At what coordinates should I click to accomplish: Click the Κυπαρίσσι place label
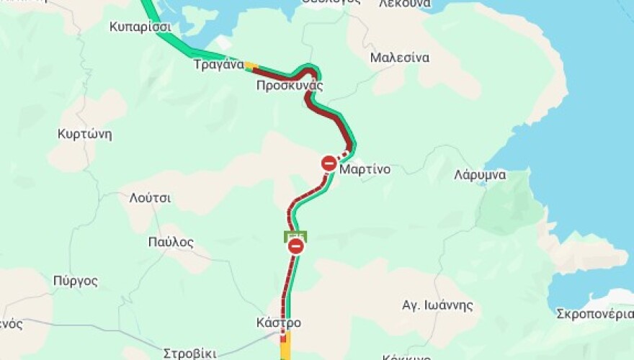pyautogui.click(x=140, y=27)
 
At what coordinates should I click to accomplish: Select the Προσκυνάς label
pyautogui.click(x=290, y=86)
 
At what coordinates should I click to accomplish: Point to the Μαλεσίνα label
pyautogui.click(x=400, y=58)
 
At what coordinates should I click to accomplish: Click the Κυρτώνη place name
pyautogui.click(x=85, y=135)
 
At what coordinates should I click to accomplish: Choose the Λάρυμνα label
pyautogui.click(x=480, y=175)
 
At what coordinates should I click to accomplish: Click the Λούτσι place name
pyautogui.click(x=151, y=199)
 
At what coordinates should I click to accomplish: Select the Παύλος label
pyautogui.click(x=171, y=242)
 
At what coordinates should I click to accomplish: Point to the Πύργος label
pyautogui.click(x=76, y=281)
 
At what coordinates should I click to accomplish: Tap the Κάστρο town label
pyautogui.click(x=279, y=323)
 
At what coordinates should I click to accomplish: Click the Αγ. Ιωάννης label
pyautogui.click(x=437, y=305)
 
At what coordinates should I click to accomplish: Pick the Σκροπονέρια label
pyautogui.click(x=595, y=314)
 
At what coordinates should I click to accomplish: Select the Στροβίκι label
pyautogui.click(x=189, y=354)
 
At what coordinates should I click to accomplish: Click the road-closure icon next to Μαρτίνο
pyautogui.click(x=329, y=163)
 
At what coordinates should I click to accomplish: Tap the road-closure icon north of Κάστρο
pyautogui.click(x=295, y=247)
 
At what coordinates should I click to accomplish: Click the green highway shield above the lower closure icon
pyautogui.click(x=295, y=235)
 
